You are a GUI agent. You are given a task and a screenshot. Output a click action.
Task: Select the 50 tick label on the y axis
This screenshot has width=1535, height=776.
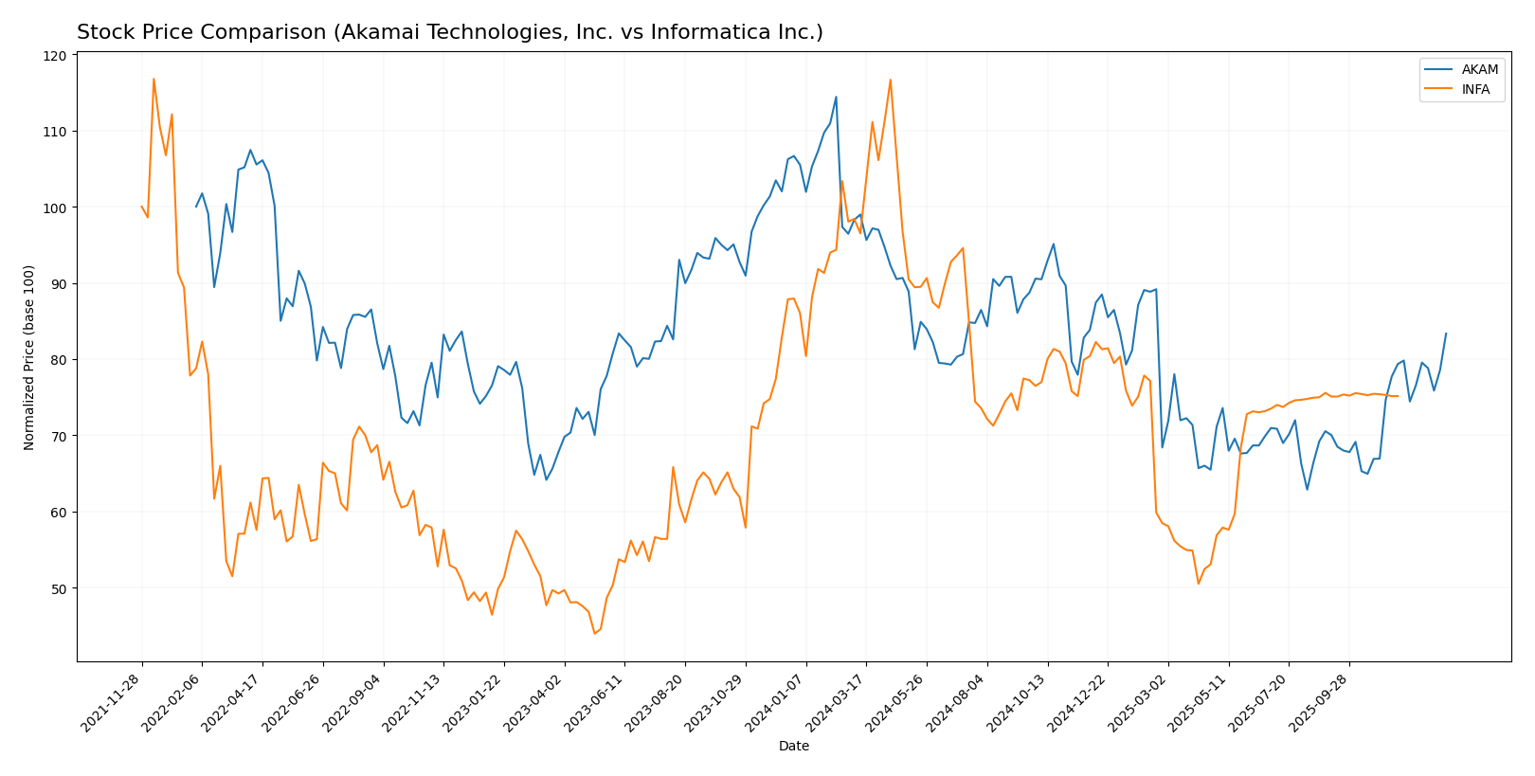click(59, 588)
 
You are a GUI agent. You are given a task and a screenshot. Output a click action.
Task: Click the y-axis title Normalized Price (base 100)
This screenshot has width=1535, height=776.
click(29, 357)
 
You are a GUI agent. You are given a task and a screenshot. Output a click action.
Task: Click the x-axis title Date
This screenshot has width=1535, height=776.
click(793, 746)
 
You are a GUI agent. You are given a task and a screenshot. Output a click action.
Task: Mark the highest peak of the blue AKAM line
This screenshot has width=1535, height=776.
click(836, 97)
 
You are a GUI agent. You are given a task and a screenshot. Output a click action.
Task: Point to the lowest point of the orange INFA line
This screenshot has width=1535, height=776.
click(594, 633)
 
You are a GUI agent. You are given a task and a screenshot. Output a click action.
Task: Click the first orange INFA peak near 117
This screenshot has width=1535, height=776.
click(153, 79)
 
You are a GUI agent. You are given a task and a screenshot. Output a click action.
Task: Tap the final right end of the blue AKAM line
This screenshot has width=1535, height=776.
click(1446, 333)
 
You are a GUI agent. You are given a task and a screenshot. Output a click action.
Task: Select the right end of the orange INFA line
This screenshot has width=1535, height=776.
click(1398, 396)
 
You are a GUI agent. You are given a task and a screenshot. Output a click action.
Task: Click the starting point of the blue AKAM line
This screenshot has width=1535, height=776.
click(196, 207)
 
